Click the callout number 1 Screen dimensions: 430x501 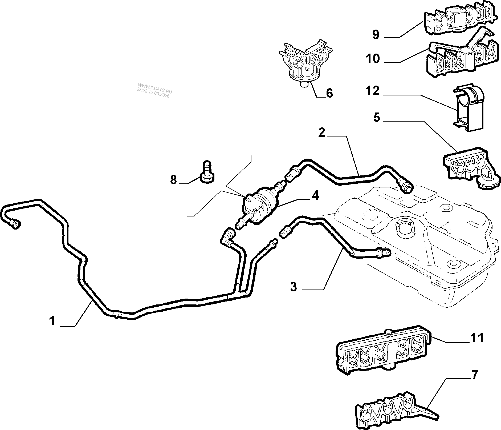pyautogui.click(x=52, y=320)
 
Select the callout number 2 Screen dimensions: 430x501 pyautogui.click(x=322, y=132)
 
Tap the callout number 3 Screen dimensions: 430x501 pyautogui.click(x=294, y=287)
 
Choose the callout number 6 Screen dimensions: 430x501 pyautogui.click(x=329, y=93)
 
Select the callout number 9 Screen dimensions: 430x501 pyautogui.click(x=376, y=35)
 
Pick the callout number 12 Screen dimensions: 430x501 pyautogui.click(x=373, y=91)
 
